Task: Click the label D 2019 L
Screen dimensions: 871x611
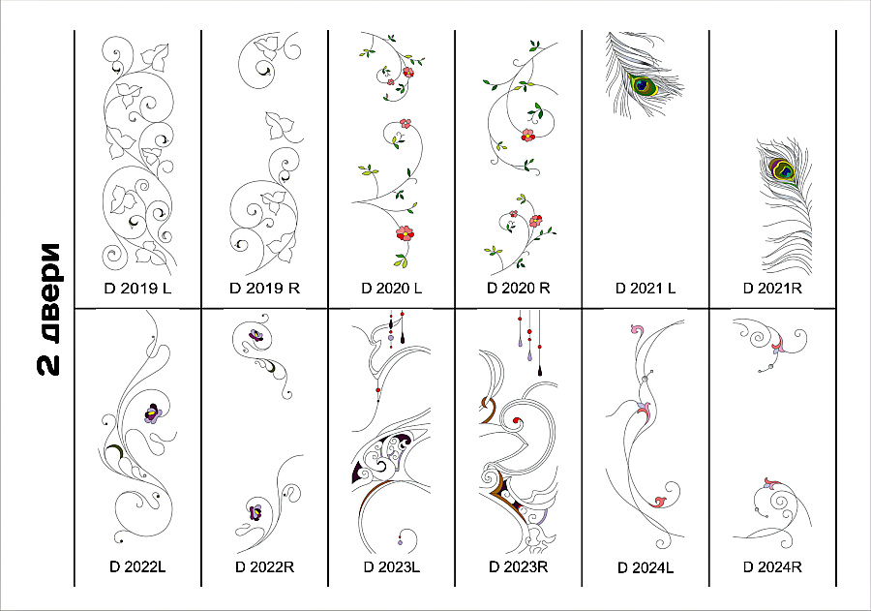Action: tap(137, 288)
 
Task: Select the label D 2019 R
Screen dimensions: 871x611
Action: tap(264, 288)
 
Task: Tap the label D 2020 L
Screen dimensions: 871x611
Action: tap(392, 288)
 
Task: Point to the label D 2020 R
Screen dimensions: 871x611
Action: tap(519, 288)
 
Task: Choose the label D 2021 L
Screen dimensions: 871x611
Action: tap(646, 288)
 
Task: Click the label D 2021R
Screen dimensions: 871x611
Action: tap(772, 288)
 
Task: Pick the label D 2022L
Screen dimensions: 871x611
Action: tap(137, 566)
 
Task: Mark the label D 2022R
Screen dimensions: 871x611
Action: tap(264, 566)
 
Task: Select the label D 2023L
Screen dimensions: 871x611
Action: tap(392, 566)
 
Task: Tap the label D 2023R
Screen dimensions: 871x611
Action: tap(519, 566)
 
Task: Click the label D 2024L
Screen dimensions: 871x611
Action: tap(646, 567)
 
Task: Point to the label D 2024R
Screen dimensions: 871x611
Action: tap(772, 566)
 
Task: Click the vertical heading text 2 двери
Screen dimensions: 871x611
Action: tap(49, 309)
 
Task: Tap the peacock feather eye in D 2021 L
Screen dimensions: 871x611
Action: tap(643, 84)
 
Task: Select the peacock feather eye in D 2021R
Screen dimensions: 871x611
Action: tap(782, 169)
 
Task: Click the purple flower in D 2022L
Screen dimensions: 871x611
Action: tap(153, 413)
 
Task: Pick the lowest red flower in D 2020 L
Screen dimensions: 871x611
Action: tap(405, 232)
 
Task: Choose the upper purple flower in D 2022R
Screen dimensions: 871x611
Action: tap(255, 335)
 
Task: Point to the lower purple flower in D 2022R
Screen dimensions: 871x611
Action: tap(256, 511)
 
